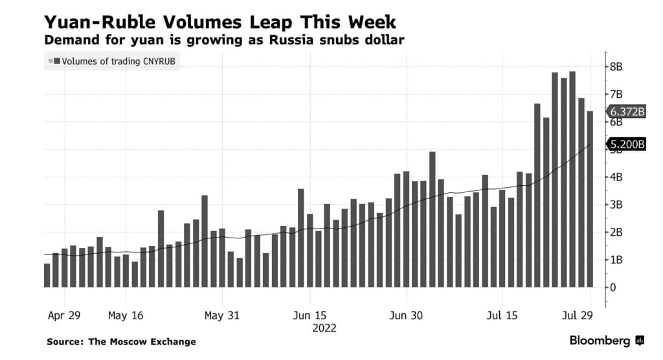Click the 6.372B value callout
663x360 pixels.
pos(627,111)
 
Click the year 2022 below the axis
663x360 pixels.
pos(324,328)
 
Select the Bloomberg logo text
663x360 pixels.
pos(600,341)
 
